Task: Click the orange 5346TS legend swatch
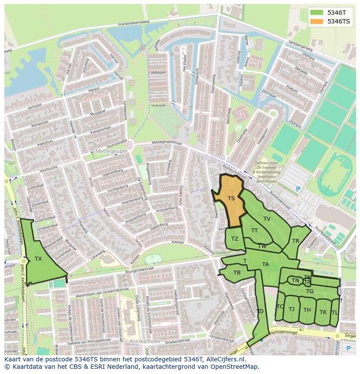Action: point(317,21)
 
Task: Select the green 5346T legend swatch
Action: point(317,13)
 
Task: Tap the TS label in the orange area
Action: point(231,199)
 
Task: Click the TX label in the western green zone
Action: point(38,259)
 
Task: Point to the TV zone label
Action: point(267,219)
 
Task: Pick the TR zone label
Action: point(296,241)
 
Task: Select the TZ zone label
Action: point(235,239)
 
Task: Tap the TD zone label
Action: point(260,311)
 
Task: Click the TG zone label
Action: point(310,291)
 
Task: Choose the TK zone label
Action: point(323,312)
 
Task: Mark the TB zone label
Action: point(237,273)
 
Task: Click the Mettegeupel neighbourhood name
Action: point(111,151)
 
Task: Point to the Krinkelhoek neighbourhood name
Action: point(145,341)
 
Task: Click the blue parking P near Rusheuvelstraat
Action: point(298,189)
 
